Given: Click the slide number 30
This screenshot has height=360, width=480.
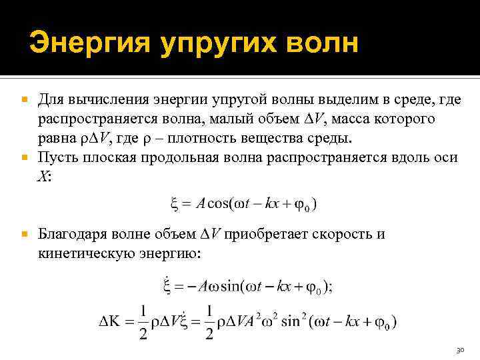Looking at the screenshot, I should click(459, 350).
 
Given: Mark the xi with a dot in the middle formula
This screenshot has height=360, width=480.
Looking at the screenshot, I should click(167, 287).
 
